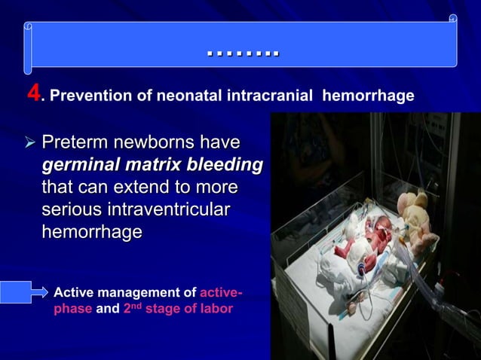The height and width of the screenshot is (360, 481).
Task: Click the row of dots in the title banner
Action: pyautogui.click(x=242, y=53)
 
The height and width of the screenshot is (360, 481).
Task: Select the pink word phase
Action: pyautogui.click(x=73, y=309)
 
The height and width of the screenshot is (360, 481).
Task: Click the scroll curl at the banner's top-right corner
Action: pyautogui.click(x=452, y=19)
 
